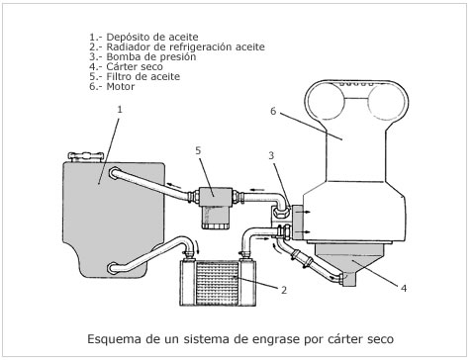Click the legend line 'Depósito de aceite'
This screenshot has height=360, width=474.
click(143, 37)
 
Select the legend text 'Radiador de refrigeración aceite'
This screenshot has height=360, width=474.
click(177, 46)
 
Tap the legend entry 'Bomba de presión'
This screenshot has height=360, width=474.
click(142, 56)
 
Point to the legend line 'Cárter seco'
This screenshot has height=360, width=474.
click(126, 66)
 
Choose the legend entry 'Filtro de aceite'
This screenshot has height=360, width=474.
click(135, 76)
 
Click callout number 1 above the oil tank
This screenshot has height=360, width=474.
click(120, 109)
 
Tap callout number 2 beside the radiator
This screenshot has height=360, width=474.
click(284, 290)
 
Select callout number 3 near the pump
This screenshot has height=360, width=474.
click(271, 155)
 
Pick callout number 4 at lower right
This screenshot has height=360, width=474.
click(404, 288)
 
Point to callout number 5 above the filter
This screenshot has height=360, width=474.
click(198, 150)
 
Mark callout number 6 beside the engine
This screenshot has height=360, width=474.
click(273, 111)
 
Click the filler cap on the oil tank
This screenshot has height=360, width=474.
click(85, 156)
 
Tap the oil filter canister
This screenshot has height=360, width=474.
click(215, 217)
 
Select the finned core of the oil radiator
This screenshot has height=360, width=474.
click(217, 283)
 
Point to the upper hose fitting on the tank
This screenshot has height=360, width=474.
click(115, 173)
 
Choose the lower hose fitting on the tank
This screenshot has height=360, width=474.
click(114, 268)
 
